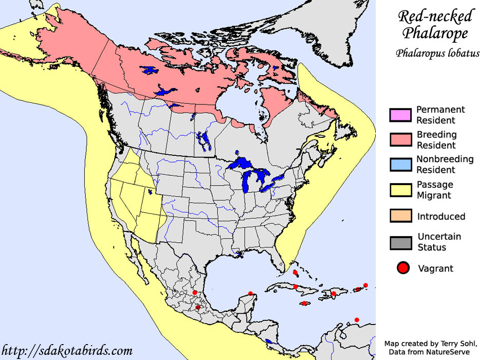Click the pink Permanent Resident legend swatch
(400, 115)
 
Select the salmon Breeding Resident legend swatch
(400, 139)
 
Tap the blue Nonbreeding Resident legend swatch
(400, 165)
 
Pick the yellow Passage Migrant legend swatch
(400, 190)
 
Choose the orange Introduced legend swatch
(400, 216)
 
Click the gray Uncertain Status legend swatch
(400, 242)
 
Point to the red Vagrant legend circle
(403, 268)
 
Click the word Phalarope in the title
(435, 34)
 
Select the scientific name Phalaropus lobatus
(437, 53)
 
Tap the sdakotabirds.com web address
(67, 351)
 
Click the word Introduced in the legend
(441, 217)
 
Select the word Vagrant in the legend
(435, 268)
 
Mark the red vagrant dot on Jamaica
(305, 303)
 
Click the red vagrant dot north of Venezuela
(357, 320)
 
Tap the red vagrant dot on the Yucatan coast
(250, 294)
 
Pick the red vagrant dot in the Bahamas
(295, 273)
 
